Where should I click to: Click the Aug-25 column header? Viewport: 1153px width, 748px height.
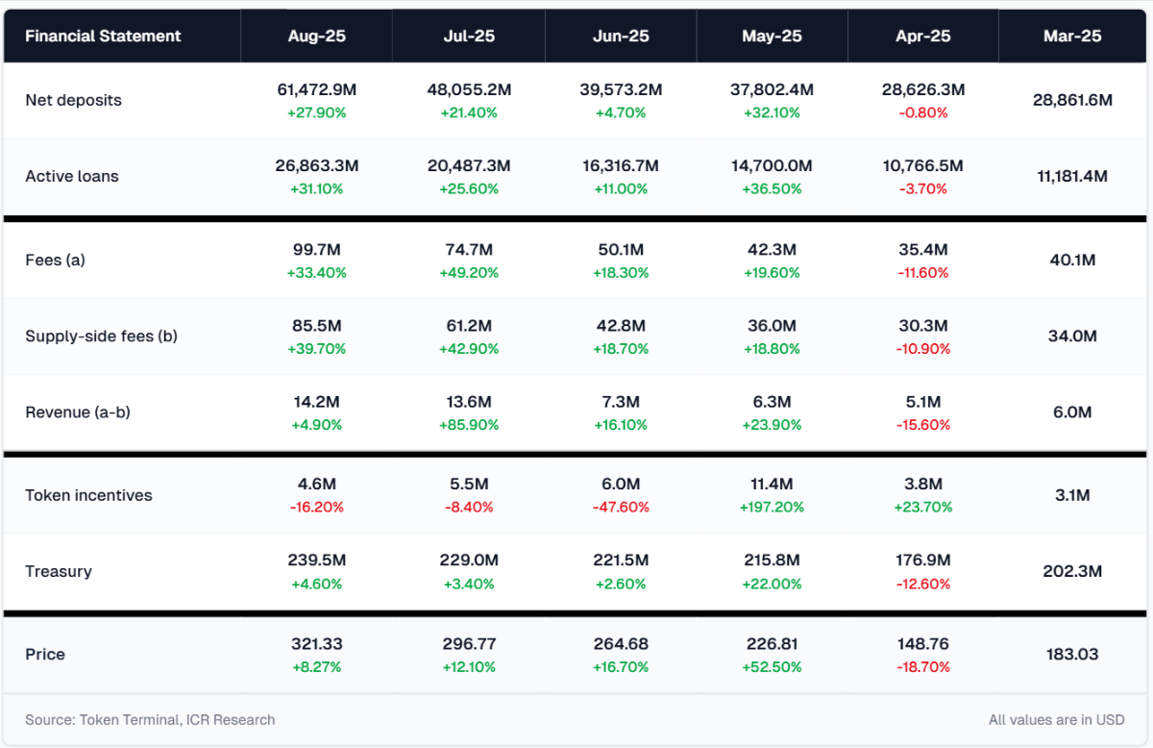pyautogui.click(x=316, y=37)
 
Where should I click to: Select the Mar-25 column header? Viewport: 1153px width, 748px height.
pyautogui.click(x=1072, y=37)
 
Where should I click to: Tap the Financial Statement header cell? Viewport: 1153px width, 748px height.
pyautogui.click(x=103, y=37)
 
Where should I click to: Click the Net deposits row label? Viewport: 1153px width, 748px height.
pyautogui.click(x=73, y=100)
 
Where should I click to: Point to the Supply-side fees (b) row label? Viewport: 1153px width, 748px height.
pyautogui.click(x=101, y=337)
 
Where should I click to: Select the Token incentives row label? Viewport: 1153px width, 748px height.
pyautogui.click(x=88, y=495)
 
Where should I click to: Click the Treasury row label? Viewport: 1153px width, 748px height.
pyautogui.click(x=59, y=571)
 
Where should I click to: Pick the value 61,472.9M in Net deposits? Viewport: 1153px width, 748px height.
pyautogui.click(x=317, y=89)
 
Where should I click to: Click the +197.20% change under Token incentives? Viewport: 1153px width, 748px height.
pyautogui.click(x=772, y=507)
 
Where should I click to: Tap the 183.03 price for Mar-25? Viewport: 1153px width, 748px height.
pyautogui.click(x=1072, y=654)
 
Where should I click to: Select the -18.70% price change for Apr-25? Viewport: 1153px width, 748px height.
pyautogui.click(x=922, y=666)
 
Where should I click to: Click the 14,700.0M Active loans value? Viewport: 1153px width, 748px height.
pyautogui.click(x=772, y=166)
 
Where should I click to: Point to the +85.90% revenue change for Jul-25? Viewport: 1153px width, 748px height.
pyautogui.click(x=469, y=424)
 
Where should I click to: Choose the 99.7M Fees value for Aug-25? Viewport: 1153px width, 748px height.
pyautogui.click(x=317, y=250)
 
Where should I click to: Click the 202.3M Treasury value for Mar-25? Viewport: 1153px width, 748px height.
pyautogui.click(x=1072, y=571)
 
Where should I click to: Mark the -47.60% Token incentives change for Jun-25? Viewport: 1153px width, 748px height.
pyautogui.click(x=621, y=507)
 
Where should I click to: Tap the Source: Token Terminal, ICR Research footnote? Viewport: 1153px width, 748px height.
pyautogui.click(x=150, y=719)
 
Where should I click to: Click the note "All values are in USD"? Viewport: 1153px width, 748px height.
pyautogui.click(x=1057, y=719)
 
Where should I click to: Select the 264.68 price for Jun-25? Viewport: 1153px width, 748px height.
pyautogui.click(x=621, y=643)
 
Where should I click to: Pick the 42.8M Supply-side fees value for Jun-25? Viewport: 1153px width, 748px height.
pyautogui.click(x=621, y=326)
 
